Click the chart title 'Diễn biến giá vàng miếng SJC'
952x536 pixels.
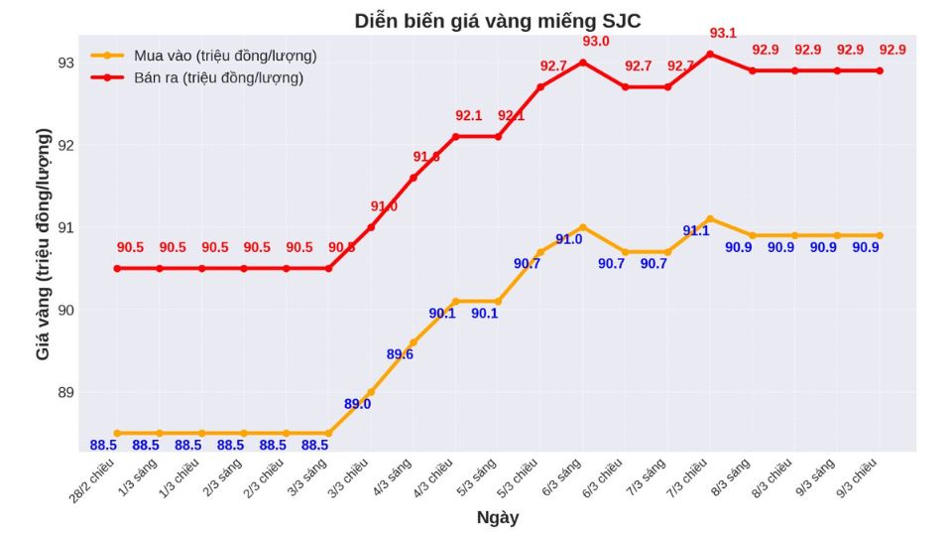504,21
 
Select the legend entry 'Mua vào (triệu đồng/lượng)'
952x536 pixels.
225,56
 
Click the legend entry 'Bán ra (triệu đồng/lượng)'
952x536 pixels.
218,77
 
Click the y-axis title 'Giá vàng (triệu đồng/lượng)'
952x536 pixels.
43,243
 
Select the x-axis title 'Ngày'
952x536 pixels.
497,517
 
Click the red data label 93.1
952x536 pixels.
723,34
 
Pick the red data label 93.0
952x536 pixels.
596,42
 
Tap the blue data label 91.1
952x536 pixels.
696,231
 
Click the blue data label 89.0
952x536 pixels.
357,404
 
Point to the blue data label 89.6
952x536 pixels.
400,354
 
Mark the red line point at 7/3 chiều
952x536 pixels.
709,54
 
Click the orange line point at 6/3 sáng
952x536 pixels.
582,227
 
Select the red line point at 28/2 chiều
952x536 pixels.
117,268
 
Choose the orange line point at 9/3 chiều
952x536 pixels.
879,235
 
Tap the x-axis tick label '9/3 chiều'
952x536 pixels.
858,477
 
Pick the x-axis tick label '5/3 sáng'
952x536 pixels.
480,475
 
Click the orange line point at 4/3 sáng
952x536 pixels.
413,342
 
